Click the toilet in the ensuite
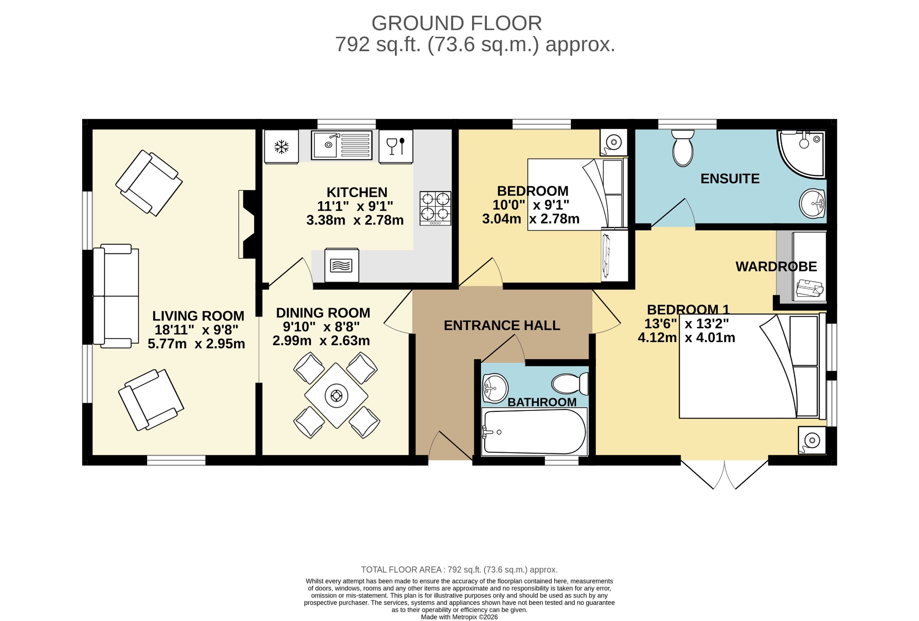pyautogui.click(x=683, y=148)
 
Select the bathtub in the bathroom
pyautogui.click(x=534, y=432)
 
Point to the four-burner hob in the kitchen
pyautogui.click(x=435, y=208)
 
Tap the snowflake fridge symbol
pyautogui.click(x=281, y=147)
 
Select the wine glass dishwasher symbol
pyautogui.click(x=396, y=146)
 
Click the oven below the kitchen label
pyautogui.click(x=341, y=265)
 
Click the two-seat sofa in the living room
pyautogui.click(x=116, y=296)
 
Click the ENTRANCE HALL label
pyautogui.click(x=502, y=326)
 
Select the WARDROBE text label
pyautogui.click(x=776, y=267)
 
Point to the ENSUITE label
pyautogui.click(x=730, y=179)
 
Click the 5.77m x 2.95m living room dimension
pyautogui.click(x=197, y=344)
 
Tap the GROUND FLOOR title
pyautogui.click(x=457, y=23)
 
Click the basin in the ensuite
pyautogui.click(x=813, y=204)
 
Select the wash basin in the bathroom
pyautogui.click(x=495, y=388)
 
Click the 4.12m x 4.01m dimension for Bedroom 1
pyautogui.click(x=687, y=338)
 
